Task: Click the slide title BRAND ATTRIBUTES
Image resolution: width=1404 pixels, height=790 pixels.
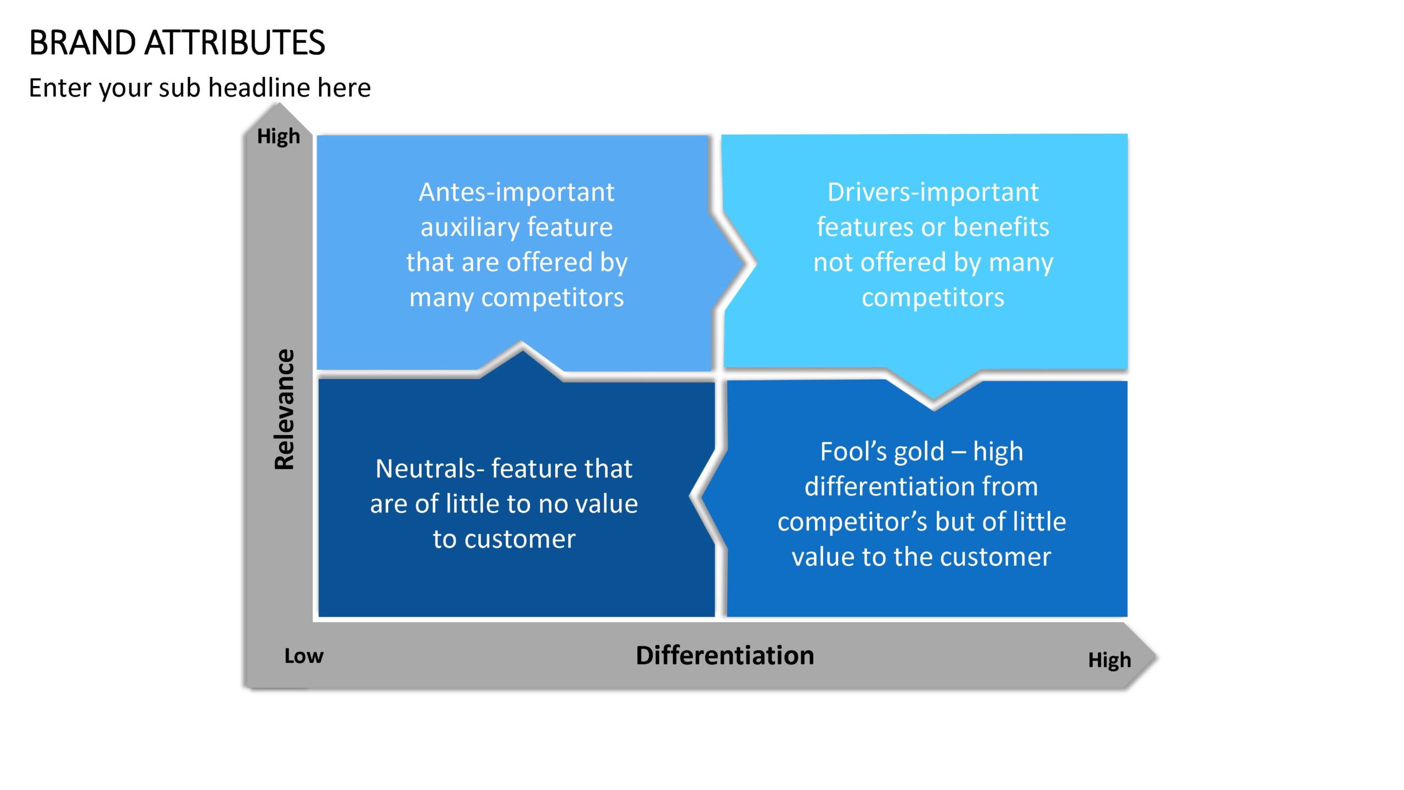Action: coord(177,43)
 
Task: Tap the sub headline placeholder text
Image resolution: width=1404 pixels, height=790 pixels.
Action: coord(200,88)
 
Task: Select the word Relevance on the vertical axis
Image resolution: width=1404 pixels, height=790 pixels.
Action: coord(285,409)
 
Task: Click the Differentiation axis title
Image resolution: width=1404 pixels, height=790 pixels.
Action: coord(725,656)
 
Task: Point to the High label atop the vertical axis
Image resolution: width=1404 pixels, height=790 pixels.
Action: coord(279,136)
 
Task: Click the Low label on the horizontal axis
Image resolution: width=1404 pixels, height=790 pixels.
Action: coord(304,656)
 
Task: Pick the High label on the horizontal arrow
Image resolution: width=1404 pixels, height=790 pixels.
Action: coord(1109,660)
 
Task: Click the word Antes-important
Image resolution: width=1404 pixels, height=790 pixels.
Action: coord(517,193)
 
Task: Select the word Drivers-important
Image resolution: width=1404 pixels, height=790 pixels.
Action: coord(933,193)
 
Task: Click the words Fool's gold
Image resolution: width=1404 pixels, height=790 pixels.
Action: coord(882,452)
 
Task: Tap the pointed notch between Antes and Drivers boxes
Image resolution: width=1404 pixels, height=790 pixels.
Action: coord(755,264)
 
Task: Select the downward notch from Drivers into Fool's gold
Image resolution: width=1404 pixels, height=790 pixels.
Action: coord(933,407)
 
